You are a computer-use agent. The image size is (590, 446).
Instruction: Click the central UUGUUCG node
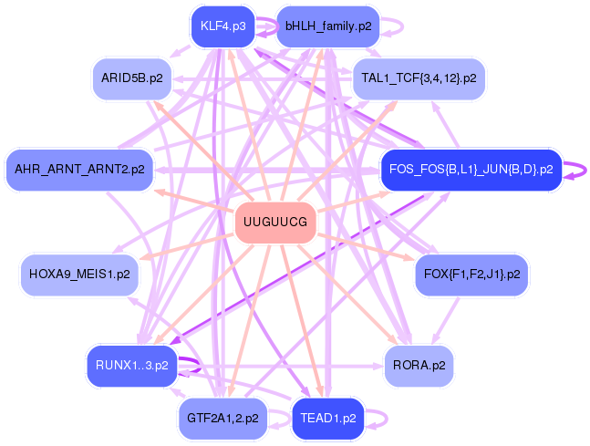(x=275, y=223)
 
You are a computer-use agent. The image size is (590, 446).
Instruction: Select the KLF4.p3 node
(x=223, y=26)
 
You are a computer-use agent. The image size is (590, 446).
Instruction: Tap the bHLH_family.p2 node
(x=328, y=26)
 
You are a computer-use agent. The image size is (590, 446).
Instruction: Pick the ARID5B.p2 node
(x=132, y=78)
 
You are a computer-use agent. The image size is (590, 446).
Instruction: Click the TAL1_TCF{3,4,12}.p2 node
(x=419, y=78)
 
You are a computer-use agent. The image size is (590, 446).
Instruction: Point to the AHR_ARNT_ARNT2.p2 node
(x=79, y=170)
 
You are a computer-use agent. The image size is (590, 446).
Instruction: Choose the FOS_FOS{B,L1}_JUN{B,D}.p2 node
(x=471, y=170)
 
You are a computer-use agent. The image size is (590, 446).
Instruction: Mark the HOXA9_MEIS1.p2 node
(x=79, y=275)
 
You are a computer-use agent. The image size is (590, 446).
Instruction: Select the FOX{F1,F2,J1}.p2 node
(x=471, y=275)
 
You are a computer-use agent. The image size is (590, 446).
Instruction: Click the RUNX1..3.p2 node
(x=132, y=366)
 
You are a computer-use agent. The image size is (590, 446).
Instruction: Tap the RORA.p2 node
(x=419, y=366)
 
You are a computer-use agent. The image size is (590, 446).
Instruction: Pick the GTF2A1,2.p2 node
(x=223, y=419)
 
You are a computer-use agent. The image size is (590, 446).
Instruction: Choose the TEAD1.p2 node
(x=328, y=419)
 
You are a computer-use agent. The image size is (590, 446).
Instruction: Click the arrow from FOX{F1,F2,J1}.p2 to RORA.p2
(x=446, y=321)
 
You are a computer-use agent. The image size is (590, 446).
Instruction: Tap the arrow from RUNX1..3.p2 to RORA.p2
(x=280, y=366)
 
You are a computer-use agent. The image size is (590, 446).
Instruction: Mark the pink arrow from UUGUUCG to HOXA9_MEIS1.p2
(x=187, y=247)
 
